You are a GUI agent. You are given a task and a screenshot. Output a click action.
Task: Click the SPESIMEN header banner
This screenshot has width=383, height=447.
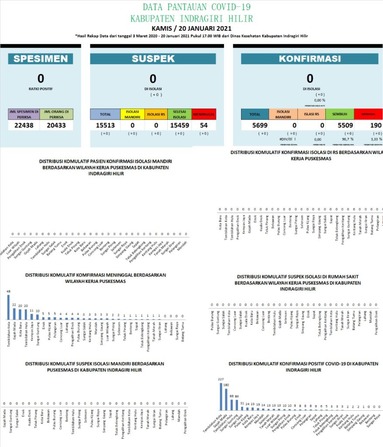40,59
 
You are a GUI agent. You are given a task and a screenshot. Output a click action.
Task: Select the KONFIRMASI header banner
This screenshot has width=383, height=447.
310,59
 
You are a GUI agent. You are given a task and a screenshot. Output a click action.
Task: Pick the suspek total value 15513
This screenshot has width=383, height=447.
105,126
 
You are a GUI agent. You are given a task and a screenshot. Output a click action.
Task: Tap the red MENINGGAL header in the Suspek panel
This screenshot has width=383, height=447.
204,114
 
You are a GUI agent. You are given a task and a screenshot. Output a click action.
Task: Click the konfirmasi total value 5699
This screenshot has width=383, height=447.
255,126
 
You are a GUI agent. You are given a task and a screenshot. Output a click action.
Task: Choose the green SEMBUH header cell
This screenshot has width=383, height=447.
339,114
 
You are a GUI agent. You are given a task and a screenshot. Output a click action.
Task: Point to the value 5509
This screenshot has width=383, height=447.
339,126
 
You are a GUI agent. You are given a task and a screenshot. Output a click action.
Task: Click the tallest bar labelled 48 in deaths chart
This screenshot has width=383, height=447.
8,308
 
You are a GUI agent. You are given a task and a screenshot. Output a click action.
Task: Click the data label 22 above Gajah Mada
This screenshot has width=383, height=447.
14,305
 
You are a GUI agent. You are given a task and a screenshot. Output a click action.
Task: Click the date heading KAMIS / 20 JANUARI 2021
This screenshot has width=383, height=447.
191,28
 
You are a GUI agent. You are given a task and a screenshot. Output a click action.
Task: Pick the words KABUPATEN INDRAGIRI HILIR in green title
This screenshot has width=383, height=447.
191,18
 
